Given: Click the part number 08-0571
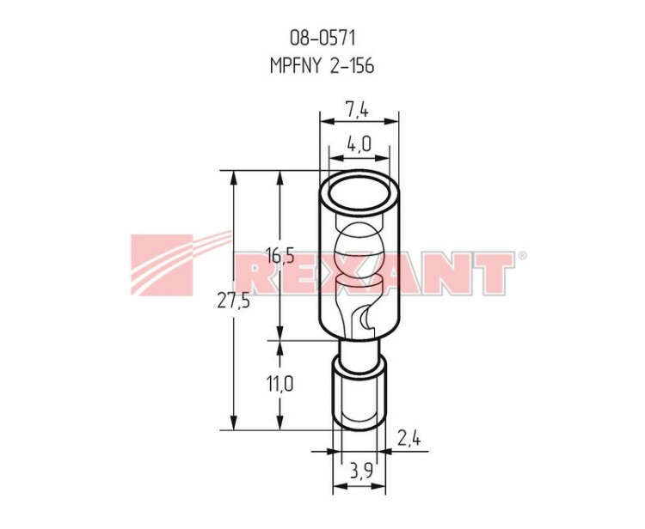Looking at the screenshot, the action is pyautogui.click(x=322, y=38).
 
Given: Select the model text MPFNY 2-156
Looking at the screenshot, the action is pyautogui.click(x=322, y=66).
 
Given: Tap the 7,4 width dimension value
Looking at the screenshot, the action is pyautogui.click(x=357, y=110).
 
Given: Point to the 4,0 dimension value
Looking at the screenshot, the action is pyautogui.click(x=359, y=144).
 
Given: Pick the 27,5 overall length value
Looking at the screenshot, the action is pyautogui.click(x=233, y=301).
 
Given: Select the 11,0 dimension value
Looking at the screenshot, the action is pyautogui.click(x=279, y=385).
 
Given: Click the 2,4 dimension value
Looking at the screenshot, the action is pyautogui.click(x=408, y=439).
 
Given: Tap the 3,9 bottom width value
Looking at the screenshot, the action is pyautogui.click(x=361, y=471).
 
